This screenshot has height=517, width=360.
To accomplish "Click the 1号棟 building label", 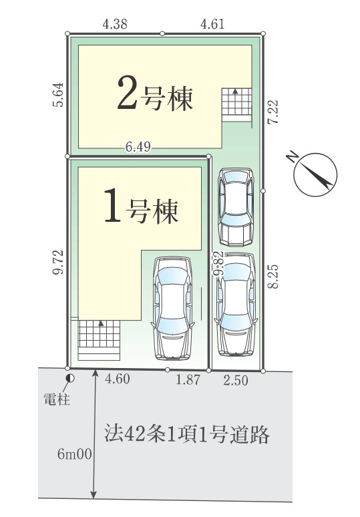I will point(142,208).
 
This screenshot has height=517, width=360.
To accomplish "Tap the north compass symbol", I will point(313,174).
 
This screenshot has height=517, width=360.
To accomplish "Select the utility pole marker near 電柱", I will point(70,379).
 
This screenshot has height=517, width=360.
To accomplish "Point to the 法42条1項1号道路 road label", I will point(186,435).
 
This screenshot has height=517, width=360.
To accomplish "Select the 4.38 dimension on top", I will point(115,24).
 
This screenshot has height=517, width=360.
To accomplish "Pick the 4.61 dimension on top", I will point(212,24).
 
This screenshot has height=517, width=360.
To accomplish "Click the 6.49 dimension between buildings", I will point(138,148).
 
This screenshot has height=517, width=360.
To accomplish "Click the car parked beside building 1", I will point(173,306).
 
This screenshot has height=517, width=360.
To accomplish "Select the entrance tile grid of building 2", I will point(236,102).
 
